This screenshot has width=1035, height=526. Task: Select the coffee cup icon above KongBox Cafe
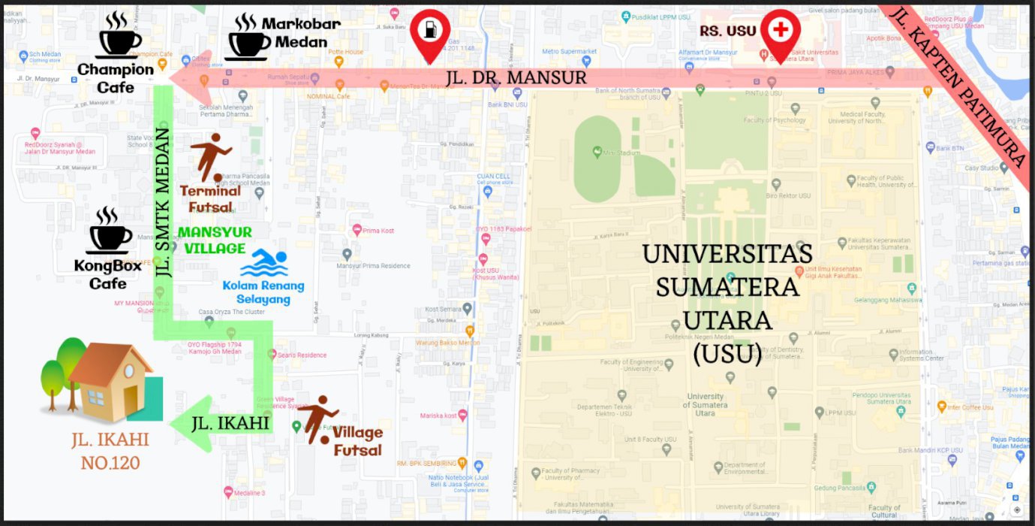pos(110,231)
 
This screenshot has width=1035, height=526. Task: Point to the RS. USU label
pos(727,31)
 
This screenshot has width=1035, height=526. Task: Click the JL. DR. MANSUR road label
pos(516,77)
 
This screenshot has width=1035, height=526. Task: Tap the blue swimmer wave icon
pos(264,264)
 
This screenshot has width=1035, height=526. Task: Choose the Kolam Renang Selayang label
pos(263,292)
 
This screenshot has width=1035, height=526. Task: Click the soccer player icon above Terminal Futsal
pos(209,157)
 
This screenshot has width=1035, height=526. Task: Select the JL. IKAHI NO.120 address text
pos(110,451)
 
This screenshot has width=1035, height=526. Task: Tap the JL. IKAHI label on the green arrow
pos(230,424)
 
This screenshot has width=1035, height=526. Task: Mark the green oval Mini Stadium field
pos(597,159)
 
